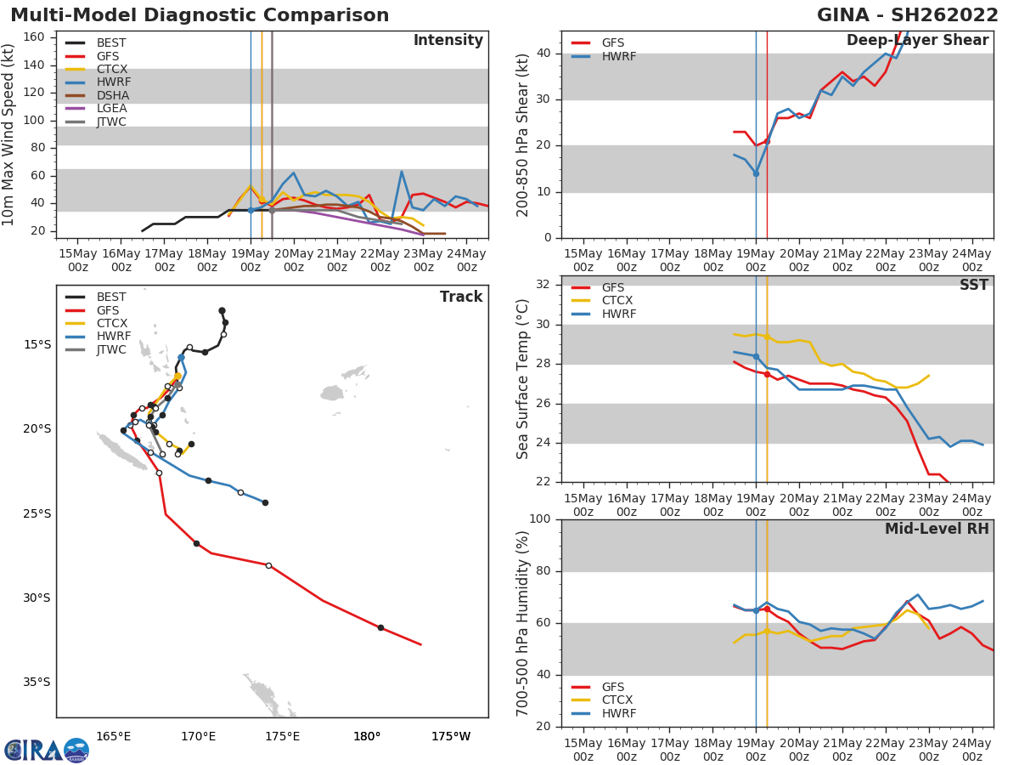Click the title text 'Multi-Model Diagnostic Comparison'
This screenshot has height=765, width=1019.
200,15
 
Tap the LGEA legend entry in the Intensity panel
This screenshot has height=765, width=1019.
111,108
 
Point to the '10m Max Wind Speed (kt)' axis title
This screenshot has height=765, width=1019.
9,134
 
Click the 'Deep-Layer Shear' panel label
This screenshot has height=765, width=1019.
917,41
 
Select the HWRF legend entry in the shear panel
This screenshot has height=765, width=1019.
618,56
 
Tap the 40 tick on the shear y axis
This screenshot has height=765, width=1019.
544,54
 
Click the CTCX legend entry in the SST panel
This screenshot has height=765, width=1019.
618,301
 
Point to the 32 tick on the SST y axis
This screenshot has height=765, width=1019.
544,285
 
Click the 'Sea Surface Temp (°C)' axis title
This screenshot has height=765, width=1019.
523,378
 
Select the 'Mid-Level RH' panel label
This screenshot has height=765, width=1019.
937,529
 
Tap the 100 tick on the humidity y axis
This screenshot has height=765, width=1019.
541,519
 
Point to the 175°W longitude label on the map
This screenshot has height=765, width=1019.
451,736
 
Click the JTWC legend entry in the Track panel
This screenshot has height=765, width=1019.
111,349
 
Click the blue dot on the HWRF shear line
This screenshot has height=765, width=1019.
756,173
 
